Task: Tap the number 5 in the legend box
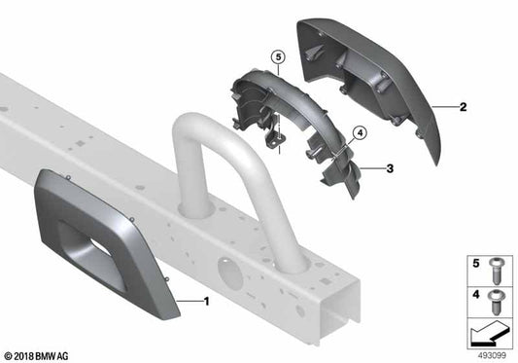pos(474,264)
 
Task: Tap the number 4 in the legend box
pos(474,293)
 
